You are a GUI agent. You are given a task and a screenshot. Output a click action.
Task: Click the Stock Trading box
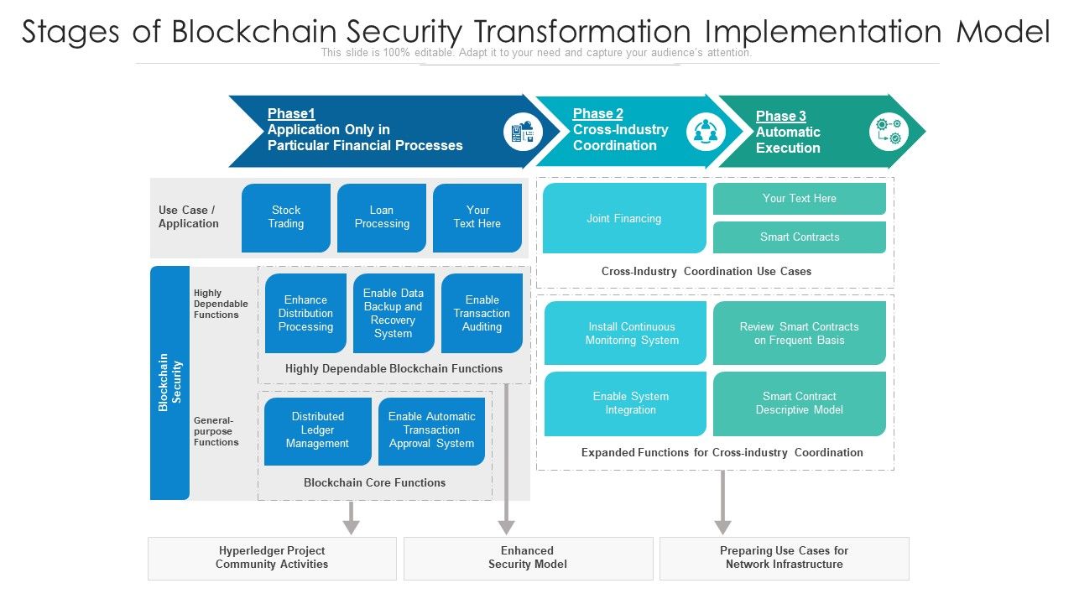286,217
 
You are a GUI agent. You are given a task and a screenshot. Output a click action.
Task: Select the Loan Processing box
382,217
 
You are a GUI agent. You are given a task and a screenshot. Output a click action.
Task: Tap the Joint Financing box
624,218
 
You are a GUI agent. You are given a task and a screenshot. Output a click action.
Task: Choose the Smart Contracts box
800,237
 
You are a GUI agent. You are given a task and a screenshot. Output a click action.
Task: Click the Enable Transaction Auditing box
482,313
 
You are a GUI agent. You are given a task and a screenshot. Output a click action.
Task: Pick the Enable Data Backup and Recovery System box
394,313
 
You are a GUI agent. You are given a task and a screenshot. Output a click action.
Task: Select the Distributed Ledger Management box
317,430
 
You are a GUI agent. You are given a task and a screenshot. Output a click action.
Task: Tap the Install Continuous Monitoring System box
625,333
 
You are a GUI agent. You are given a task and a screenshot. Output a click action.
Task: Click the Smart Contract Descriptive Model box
800,404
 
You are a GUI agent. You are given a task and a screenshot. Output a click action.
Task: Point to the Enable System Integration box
625,404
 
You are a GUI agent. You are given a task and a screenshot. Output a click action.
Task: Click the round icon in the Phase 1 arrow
523,132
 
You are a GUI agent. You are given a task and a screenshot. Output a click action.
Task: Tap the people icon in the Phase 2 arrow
706,132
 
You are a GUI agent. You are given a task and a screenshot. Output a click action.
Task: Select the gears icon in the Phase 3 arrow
889,132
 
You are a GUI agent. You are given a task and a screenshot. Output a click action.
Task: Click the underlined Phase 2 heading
598,114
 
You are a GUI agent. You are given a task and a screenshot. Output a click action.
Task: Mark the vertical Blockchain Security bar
169,383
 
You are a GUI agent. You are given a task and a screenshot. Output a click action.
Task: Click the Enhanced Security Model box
528,558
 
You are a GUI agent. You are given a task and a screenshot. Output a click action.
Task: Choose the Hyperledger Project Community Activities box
272,558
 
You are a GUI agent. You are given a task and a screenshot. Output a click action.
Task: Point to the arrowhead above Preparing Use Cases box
722,527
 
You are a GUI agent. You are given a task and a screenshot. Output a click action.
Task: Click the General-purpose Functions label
216,431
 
